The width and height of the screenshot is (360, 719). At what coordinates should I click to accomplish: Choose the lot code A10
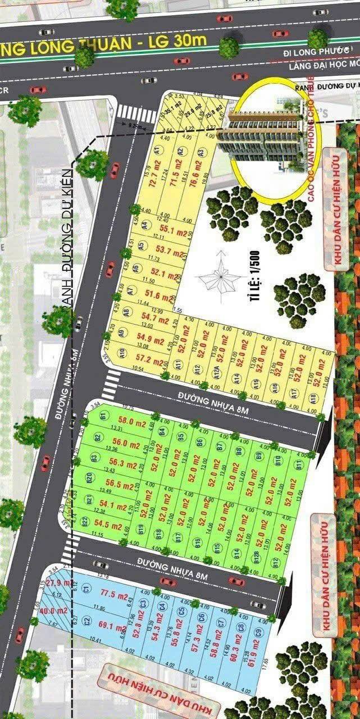coord(122,353)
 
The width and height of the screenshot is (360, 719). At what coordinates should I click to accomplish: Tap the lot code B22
coord(85,522)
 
